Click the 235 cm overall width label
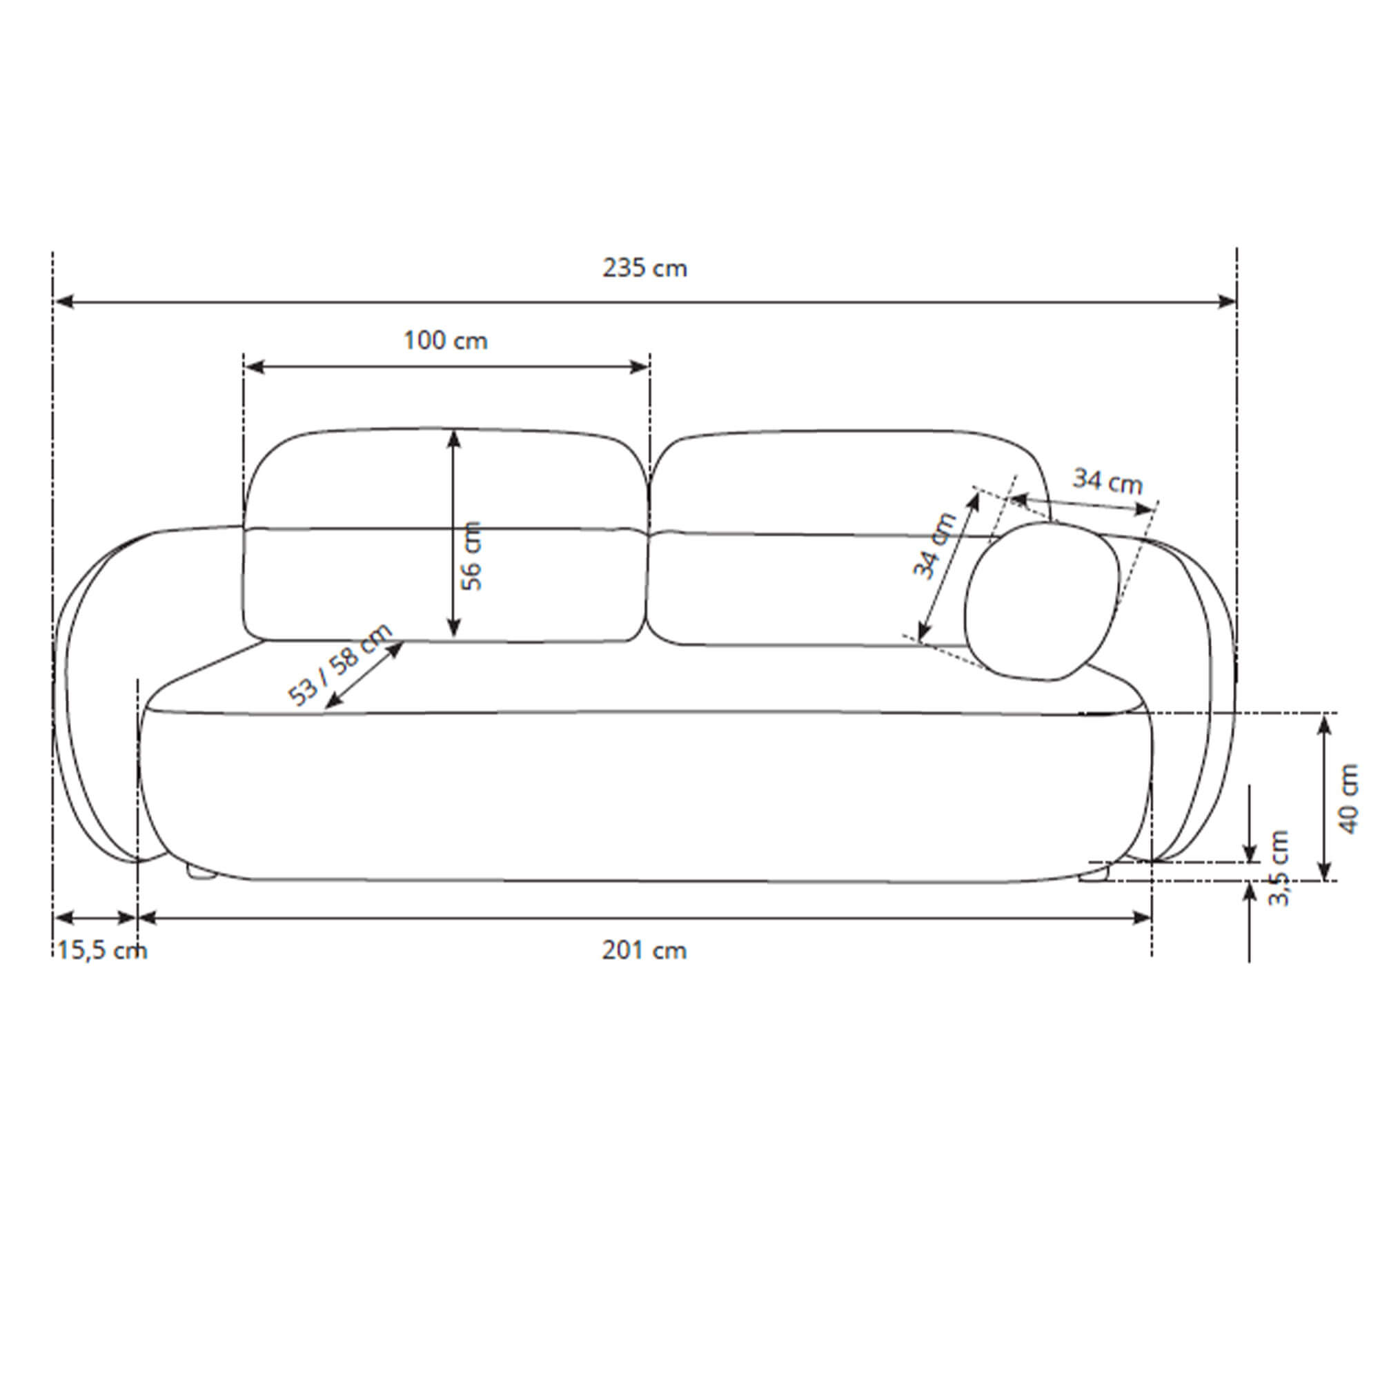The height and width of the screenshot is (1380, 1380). pos(644,268)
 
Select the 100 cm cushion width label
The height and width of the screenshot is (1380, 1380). pos(446,340)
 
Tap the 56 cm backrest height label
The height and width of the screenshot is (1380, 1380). pos(471,555)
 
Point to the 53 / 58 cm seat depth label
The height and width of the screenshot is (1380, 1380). pos(340,664)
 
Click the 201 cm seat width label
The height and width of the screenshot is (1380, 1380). pos(644,950)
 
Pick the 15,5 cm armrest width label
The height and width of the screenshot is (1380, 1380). pos(102,951)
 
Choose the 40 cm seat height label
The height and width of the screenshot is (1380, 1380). pos(1348,798)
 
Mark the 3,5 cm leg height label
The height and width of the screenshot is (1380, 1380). pos(1279,868)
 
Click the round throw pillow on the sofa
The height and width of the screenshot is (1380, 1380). pos(1040,601)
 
